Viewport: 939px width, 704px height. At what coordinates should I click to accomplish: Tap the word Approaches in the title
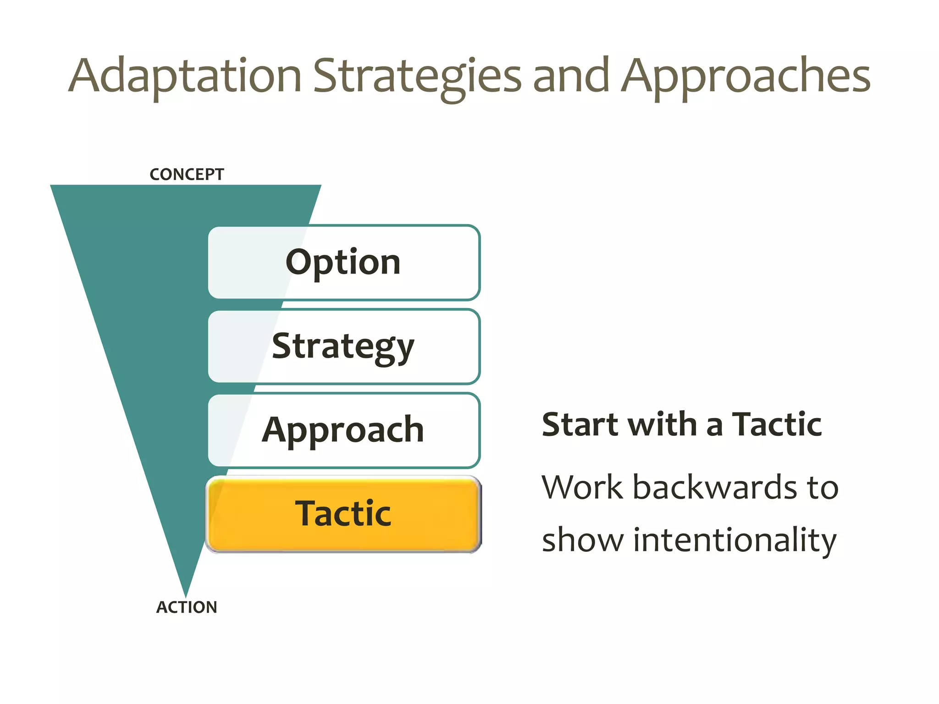click(x=745, y=76)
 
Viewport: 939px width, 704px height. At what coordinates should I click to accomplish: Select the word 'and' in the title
click(x=571, y=76)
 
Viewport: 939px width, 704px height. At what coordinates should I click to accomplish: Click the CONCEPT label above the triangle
click(x=187, y=175)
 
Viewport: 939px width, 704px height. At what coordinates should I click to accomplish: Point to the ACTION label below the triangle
click(x=187, y=607)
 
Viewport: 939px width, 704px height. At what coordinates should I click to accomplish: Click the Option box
click(x=343, y=263)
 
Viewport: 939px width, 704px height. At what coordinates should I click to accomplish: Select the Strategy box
click(x=343, y=346)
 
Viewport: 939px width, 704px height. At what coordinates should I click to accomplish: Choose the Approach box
click(x=343, y=430)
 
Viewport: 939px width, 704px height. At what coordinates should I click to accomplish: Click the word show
click(x=582, y=540)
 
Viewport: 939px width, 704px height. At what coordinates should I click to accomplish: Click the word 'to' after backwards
click(x=823, y=487)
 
